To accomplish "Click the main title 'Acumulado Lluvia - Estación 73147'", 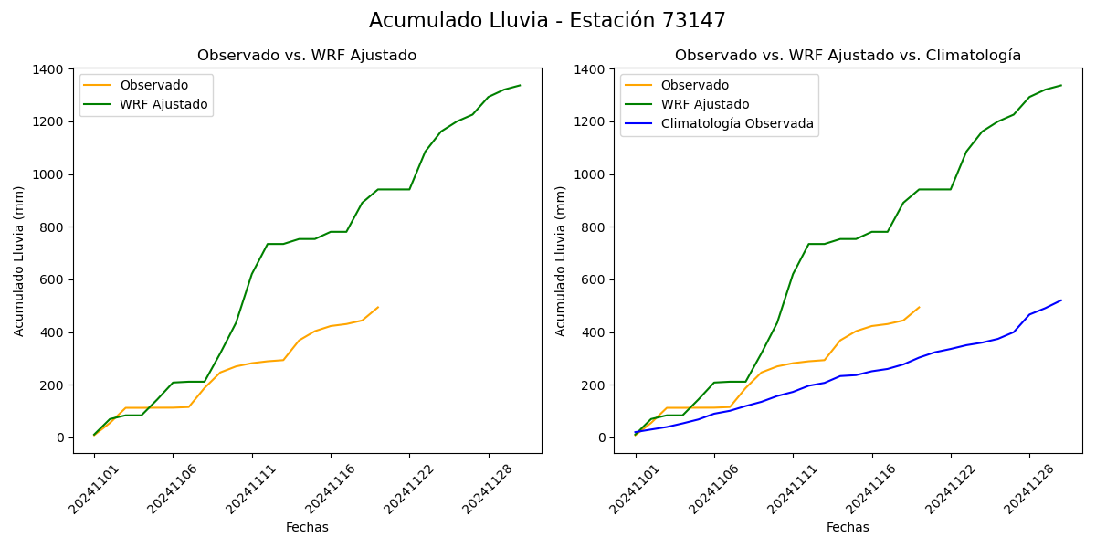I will coord(547,20).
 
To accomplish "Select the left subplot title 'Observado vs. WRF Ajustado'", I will coord(307,56).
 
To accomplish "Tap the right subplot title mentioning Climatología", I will coord(848,56).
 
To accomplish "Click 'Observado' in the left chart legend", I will coord(153,86).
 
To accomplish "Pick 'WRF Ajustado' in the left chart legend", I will coord(163,105).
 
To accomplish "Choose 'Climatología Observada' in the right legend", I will coord(736,124).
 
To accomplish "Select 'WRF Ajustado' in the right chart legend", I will coord(705,105).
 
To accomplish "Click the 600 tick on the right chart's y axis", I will coord(595,279).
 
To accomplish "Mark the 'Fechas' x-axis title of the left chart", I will coord(307,527).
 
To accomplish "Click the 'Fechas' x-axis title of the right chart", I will coord(848,527).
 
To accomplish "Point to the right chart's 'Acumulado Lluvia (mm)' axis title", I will coord(561,261).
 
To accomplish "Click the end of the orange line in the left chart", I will coord(378,307).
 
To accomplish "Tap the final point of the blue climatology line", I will coord(1061,300).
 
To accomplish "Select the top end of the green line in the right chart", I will coord(1061,85).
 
